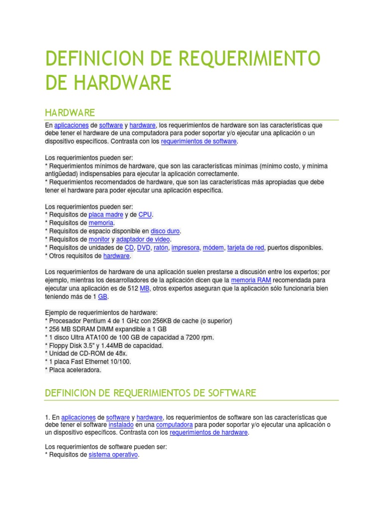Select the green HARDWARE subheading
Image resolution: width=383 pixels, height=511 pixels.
click(70, 112)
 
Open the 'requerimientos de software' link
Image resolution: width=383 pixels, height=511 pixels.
click(199, 142)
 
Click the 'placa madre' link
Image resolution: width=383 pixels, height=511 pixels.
click(106, 215)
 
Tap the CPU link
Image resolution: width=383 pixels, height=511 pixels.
click(145, 215)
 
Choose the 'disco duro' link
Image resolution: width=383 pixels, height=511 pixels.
click(166, 231)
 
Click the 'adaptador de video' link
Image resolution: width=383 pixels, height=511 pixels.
click(144, 240)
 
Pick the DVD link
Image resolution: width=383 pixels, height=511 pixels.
click(144, 248)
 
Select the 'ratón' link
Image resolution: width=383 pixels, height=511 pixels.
click(162, 248)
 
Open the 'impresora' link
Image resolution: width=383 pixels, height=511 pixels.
click(186, 248)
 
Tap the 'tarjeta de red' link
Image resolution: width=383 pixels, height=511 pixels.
click(245, 248)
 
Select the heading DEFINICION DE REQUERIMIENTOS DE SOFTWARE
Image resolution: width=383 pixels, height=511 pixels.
click(151, 393)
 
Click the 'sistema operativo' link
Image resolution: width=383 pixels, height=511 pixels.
click(113, 456)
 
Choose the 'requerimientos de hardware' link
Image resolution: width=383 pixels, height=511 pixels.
click(208, 433)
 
